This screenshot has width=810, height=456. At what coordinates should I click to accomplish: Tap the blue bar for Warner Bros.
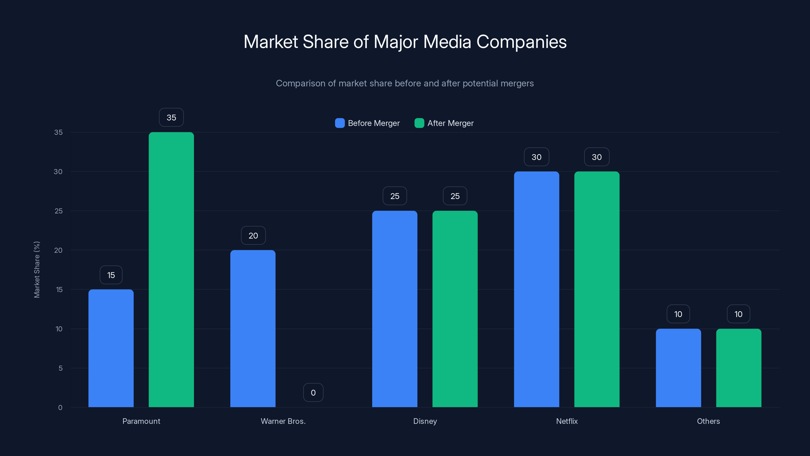253,329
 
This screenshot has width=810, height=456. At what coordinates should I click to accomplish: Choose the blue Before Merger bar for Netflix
536,289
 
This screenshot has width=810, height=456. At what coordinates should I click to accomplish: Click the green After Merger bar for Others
738,368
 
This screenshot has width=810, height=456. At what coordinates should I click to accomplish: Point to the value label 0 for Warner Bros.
313,392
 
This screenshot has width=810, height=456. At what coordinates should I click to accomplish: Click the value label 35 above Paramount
171,117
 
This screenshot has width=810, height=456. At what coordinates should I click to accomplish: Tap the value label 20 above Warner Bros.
253,235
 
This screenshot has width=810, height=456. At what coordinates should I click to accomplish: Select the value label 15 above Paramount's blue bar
111,275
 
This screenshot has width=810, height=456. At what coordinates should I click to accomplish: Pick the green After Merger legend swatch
419,123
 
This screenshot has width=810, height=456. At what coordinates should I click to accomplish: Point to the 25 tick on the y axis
58,211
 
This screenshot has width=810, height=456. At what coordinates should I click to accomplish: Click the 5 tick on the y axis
60,368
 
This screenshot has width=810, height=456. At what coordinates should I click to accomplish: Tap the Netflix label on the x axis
567,421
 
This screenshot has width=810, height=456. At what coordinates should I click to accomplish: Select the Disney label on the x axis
425,421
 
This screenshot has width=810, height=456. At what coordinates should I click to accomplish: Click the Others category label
708,421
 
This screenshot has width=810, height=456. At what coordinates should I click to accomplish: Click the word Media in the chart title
447,42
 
